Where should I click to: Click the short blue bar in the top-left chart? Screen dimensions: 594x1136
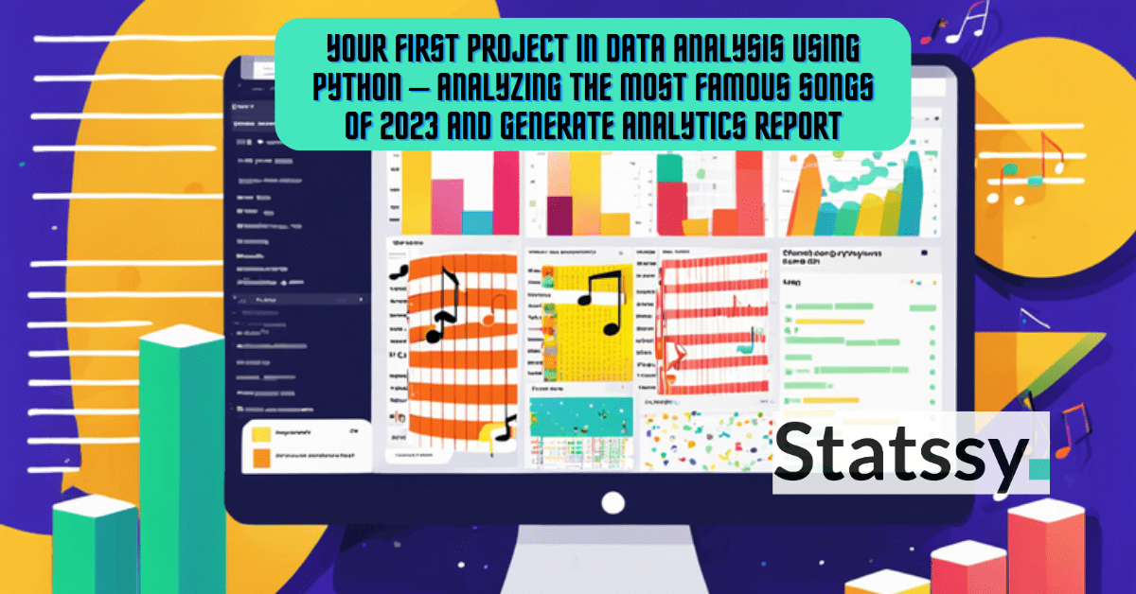[x=476, y=219]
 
